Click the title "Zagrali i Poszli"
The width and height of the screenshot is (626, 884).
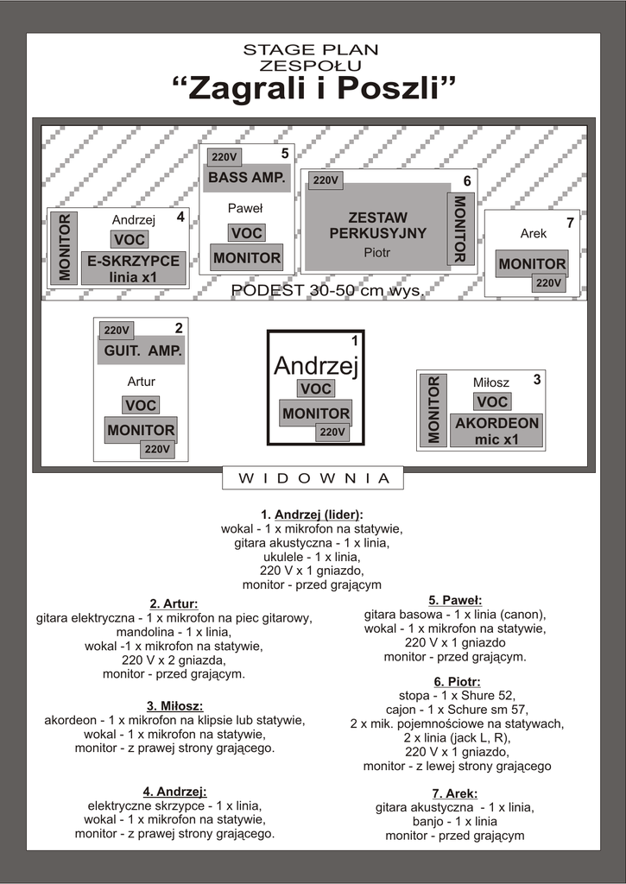pos(313,88)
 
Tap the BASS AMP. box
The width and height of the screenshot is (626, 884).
pos(246,178)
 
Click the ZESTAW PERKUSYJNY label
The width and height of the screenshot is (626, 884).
pos(377,225)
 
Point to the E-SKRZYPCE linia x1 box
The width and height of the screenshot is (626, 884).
pos(134,268)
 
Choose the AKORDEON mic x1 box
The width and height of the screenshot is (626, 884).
pos(496,430)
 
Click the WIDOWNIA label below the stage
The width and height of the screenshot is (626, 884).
pos(313,477)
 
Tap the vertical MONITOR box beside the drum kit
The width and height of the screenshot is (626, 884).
pos(459,228)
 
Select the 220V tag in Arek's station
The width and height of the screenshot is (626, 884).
pos(548,282)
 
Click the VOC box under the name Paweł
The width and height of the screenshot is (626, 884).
pos(246,233)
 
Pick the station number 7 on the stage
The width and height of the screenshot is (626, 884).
pos(570,223)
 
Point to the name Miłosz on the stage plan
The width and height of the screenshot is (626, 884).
pos(491,382)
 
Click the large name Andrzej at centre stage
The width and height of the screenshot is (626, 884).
pos(315,365)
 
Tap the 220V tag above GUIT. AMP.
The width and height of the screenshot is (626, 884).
pos(117,330)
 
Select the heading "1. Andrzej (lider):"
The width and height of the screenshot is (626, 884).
pos(312,515)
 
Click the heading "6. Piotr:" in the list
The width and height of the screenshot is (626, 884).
pos(457,682)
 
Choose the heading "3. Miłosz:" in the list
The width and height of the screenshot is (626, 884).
pos(174,706)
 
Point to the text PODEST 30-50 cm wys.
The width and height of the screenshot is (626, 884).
pos(326,291)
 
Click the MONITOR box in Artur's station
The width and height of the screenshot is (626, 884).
pos(141,430)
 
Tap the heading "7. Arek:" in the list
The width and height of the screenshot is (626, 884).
pos(454,793)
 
